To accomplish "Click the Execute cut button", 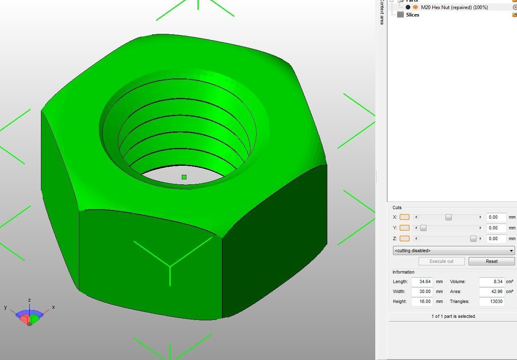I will (x=441, y=261).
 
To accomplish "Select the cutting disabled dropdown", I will (x=453, y=250).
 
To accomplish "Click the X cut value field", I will (x=496, y=217).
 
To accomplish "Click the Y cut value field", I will (x=496, y=228).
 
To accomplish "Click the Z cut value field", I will (x=496, y=238).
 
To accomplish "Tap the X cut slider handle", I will (x=448, y=217).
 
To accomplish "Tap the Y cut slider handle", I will (x=423, y=228).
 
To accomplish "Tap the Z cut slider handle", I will (x=473, y=238).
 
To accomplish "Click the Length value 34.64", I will (x=422, y=281).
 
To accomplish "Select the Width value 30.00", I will (x=422, y=291).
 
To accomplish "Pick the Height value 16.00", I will (x=422, y=301).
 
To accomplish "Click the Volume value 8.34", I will (x=492, y=281).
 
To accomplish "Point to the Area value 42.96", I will (x=492, y=291).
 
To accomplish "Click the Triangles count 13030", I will (x=492, y=301).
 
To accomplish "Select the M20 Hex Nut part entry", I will (x=454, y=7).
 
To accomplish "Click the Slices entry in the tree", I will (x=412, y=15).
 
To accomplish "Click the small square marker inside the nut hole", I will (x=184, y=177).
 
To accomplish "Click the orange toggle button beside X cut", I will (x=405, y=217).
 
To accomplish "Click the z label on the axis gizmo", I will (x=29, y=300).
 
